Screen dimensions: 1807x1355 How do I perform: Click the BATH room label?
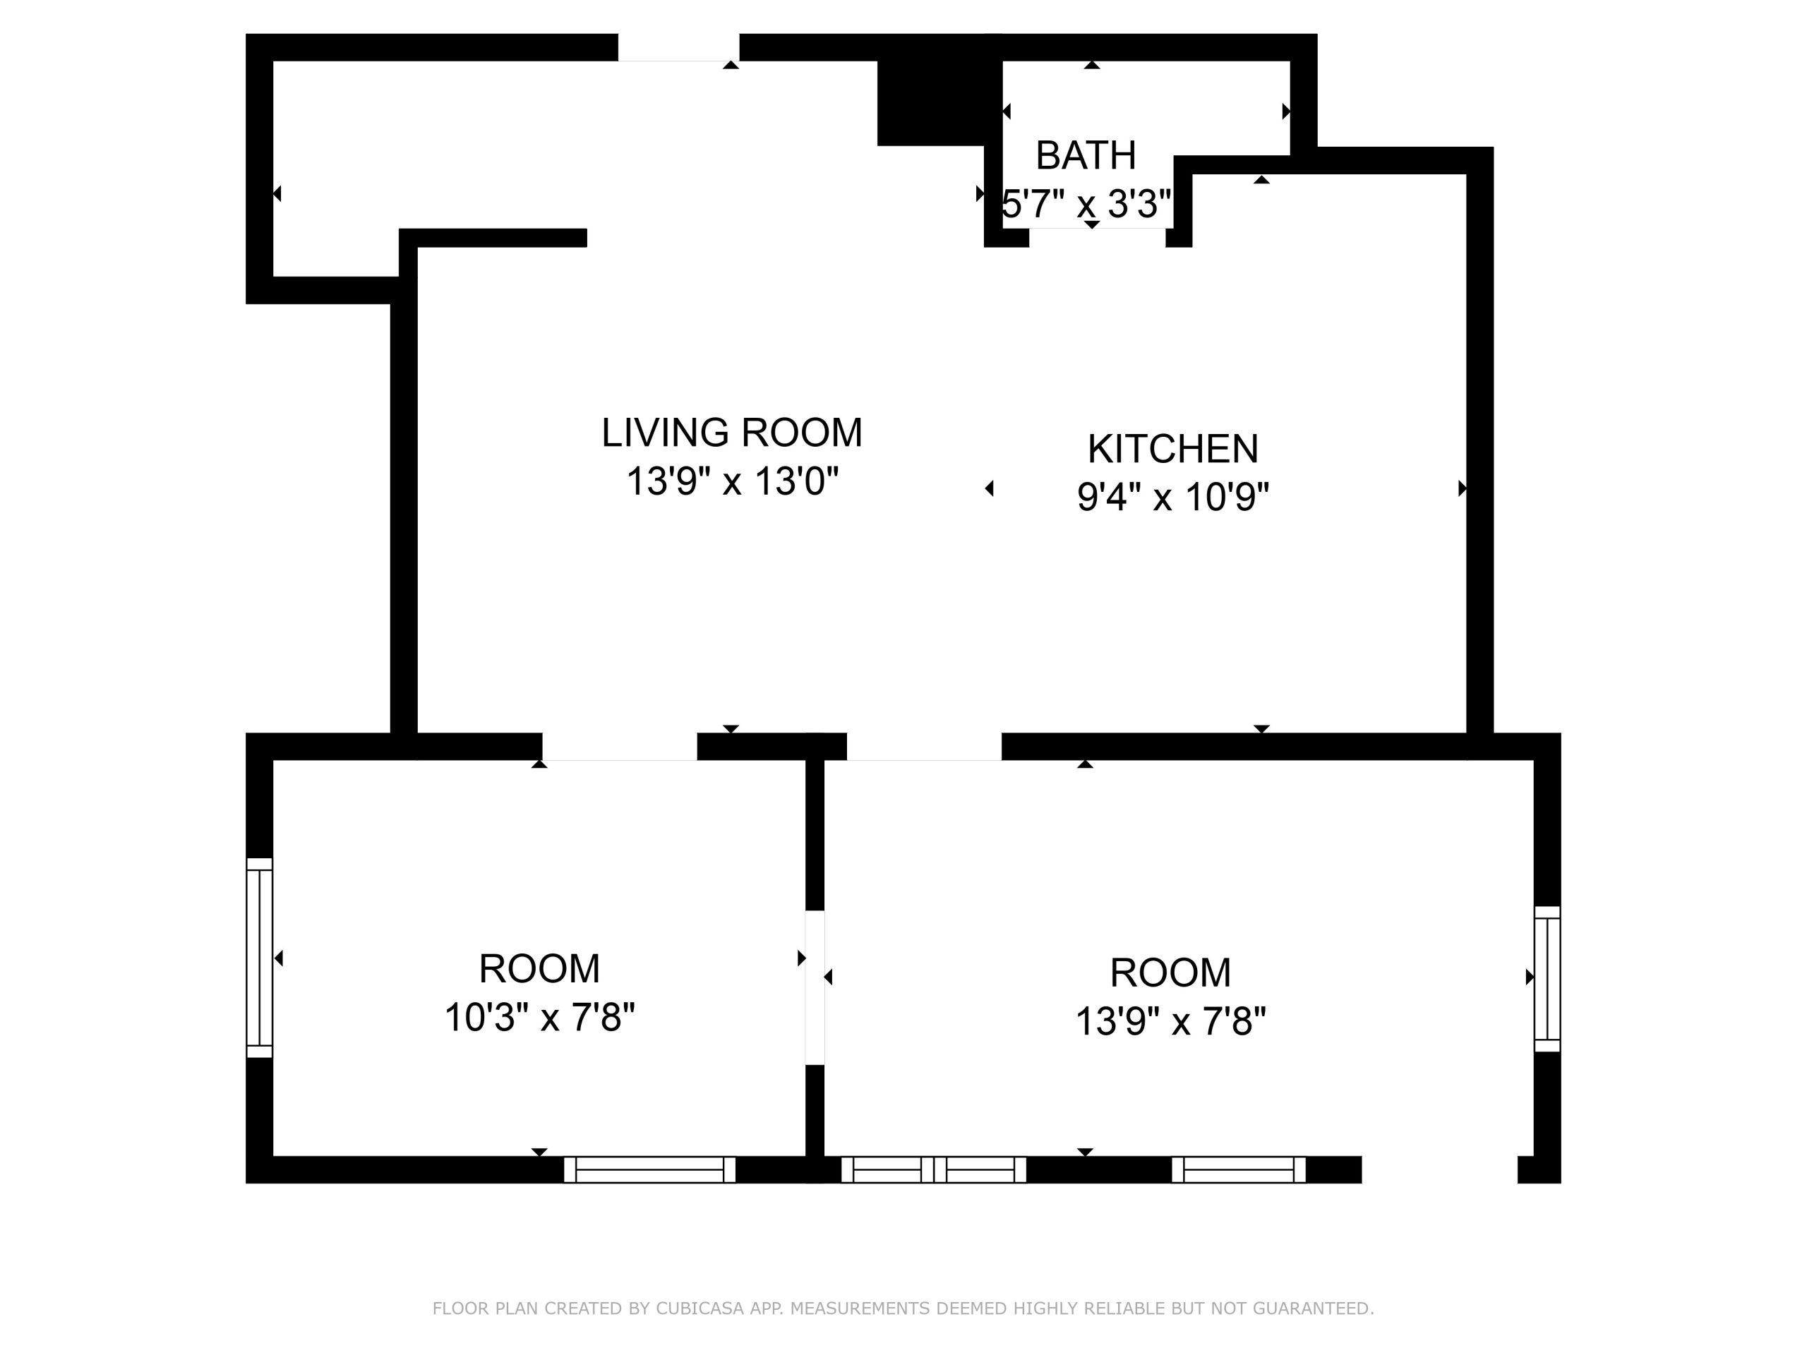[x=1086, y=155]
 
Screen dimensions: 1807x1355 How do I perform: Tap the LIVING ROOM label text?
[x=732, y=433]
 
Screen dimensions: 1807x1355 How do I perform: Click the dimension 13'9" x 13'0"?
[x=732, y=481]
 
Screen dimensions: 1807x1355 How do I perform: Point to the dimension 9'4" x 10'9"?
[x=1173, y=497]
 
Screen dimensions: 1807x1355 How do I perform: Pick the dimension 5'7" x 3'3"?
[x=1086, y=203]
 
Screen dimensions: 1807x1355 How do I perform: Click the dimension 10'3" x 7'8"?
[x=539, y=1018]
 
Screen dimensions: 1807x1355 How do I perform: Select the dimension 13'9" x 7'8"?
[x=1170, y=1021]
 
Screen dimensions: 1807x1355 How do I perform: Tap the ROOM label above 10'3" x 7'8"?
[x=539, y=970]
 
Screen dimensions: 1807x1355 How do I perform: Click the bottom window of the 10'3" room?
[x=649, y=1169]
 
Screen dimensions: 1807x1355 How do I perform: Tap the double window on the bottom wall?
[x=934, y=1169]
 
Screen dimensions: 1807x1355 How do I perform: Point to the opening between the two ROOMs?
[x=815, y=987]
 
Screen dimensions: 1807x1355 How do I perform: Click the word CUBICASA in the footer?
[x=700, y=1308]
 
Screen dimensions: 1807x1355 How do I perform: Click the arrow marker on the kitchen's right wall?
[x=1463, y=488]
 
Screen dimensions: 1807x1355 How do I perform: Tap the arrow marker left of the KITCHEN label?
[x=990, y=488]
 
